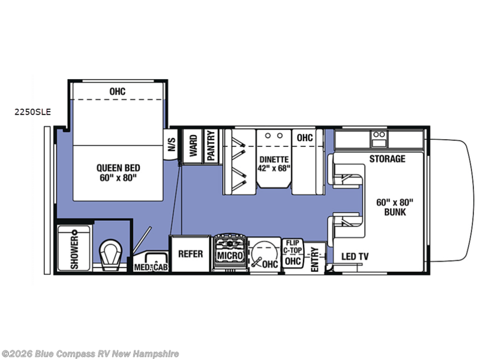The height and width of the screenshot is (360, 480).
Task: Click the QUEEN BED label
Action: [118, 168]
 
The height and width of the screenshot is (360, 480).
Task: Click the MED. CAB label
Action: [151, 267]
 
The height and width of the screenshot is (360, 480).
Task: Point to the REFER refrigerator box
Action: [190, 253]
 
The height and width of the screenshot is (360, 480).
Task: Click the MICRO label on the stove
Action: [230, 256]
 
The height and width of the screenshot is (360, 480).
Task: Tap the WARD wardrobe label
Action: [193, 146]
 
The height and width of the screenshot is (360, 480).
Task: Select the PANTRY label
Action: [211, 145]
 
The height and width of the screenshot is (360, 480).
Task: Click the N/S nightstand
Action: [171, 144]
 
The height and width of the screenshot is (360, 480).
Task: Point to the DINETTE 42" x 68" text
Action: [274, 164]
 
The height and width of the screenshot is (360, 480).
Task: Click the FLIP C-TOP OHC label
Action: [293, 253]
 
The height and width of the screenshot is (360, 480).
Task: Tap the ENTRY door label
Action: [314, 260]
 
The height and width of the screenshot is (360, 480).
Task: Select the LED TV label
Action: [355, 256]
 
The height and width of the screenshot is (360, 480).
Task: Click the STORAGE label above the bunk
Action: [387, 158]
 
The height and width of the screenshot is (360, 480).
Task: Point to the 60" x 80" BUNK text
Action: [395, 207]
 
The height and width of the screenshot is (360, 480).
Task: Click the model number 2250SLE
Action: [33, 112]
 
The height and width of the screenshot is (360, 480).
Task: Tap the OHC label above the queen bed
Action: [117, 91]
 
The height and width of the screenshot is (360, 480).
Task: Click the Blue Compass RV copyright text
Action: [90, 354]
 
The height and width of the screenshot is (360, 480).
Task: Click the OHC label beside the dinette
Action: [305, 138]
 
